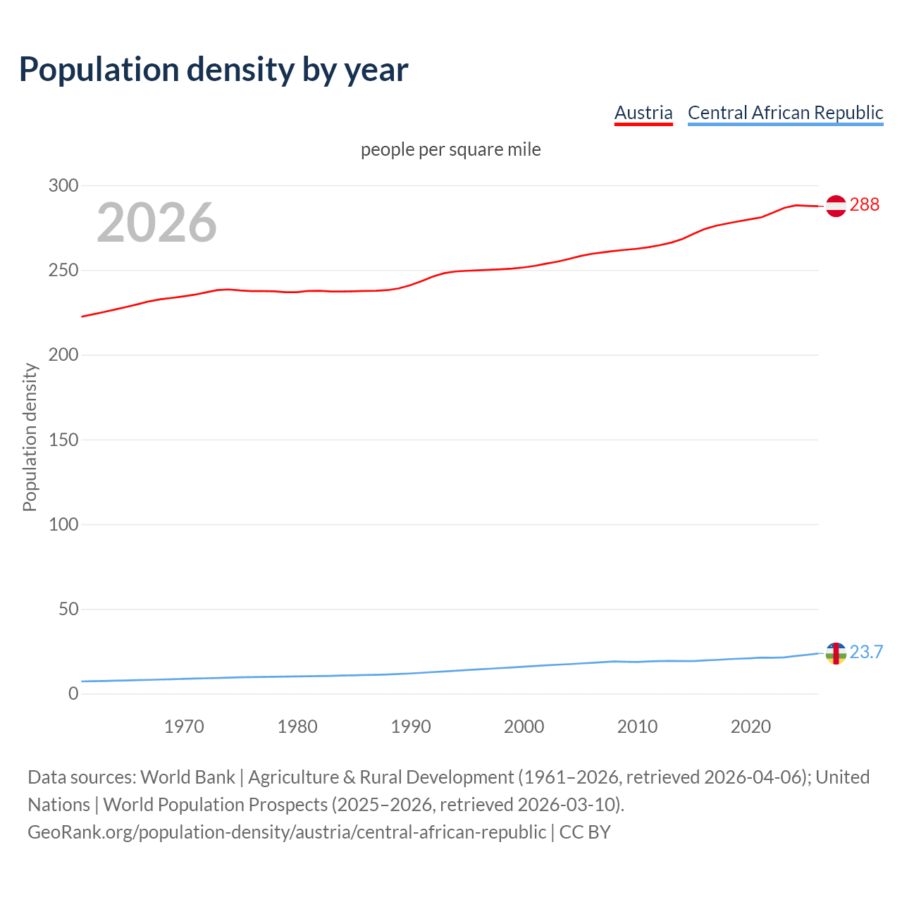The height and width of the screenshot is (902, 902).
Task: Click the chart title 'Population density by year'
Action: point(214,69)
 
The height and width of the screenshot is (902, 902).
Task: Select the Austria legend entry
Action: point(643,113)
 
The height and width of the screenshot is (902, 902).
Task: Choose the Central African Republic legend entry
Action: point(785,113)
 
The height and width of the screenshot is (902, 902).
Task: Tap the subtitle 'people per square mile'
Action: point(451,150)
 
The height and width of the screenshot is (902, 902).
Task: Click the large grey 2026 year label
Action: point(156,223)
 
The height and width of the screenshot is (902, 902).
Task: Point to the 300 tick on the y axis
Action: point(63,186)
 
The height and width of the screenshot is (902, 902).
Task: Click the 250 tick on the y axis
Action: point(63,271)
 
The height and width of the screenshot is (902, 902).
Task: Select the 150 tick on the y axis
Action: point(63,440)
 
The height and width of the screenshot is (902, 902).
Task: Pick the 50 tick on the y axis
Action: point(68,609)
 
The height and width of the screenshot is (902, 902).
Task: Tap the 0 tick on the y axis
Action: point(73,693)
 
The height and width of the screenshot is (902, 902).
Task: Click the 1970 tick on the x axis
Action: point(184,727)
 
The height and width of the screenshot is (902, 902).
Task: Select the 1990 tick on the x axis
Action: point(411,727)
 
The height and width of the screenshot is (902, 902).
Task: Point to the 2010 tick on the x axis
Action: point(637,727)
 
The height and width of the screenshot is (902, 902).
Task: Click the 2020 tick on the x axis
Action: point(750,727)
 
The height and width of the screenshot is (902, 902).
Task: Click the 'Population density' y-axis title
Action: point(30,437)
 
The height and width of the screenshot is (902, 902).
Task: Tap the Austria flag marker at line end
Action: point(836,206)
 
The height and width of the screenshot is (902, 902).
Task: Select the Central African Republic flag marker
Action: point(836,653)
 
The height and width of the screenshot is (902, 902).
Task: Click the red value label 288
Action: point(865,205)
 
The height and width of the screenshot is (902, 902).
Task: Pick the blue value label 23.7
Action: point(866,653)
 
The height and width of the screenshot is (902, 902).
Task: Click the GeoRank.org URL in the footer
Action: point(287,832)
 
